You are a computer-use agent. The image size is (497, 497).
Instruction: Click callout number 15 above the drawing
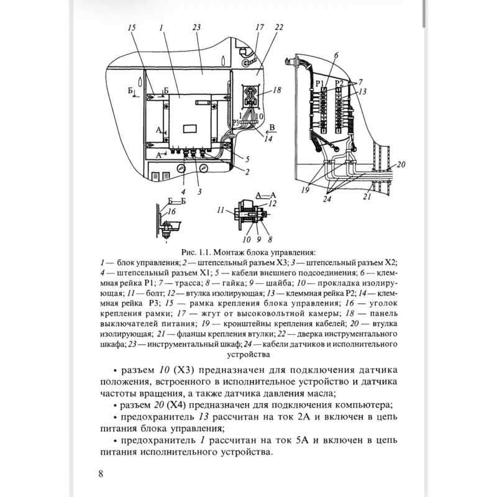tap(132, 27)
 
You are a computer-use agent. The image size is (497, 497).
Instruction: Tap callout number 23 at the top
tap(196, 27)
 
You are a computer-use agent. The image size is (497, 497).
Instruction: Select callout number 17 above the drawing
tap(260, 27)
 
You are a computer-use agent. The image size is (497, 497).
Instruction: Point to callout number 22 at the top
tap(279, 27)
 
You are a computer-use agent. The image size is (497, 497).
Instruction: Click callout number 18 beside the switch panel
tap(276, 90)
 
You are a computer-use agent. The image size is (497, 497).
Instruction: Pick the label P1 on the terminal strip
tap(320, 84)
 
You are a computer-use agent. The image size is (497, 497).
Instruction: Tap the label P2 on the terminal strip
tap(339, 84)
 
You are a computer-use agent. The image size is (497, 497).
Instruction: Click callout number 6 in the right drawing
tap(336, 55)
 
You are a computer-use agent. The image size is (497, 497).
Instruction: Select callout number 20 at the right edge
tap(401, 165)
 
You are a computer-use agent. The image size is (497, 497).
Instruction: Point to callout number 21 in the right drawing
tap(367, 197)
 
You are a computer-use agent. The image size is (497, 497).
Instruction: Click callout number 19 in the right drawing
tap(305, 190)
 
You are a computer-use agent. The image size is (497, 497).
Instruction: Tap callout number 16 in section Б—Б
tap(171, 211)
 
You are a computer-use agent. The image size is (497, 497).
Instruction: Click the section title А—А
tap(266, 196)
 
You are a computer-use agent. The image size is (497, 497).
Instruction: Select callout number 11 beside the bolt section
tap(221, 210)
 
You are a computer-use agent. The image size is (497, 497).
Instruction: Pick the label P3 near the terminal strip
tap(236, 123)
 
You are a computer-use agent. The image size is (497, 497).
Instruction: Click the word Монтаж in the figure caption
tap(227, 253)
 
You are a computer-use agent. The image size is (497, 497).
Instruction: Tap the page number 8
tap(101, 474)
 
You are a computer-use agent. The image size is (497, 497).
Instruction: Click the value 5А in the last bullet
tap(303, 440)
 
